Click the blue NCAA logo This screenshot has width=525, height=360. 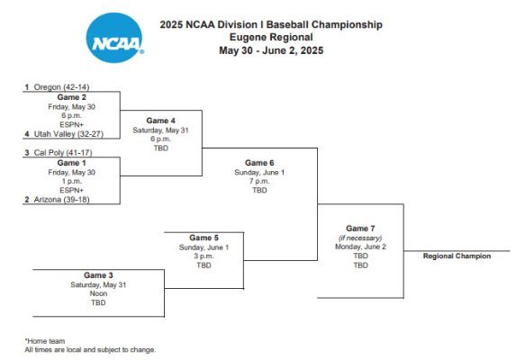(114, 38)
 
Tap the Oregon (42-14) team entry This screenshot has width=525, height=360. (57, 87)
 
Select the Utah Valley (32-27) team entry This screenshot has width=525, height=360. (64, 134)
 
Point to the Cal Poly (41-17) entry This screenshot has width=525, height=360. (59, 153)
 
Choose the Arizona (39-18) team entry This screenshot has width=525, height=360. (57, 200)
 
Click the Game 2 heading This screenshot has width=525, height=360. (72, 97)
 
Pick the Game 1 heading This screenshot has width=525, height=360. (72, 163)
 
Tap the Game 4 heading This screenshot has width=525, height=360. (160, 121)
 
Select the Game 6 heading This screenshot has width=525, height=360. (259, 163)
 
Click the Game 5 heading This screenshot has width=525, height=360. (204, 238)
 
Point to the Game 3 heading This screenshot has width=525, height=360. (98, 275)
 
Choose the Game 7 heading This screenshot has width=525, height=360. (360, 229)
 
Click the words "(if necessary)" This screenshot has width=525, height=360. (360, 238)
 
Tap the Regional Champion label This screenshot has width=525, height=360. (457, 256)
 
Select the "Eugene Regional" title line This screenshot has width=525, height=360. (271, 37)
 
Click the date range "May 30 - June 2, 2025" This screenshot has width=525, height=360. (271, 50)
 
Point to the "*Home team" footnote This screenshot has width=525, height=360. (45, 341)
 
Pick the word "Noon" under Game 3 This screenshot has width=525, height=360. (98, 293)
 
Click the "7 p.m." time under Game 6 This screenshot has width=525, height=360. (259, 181)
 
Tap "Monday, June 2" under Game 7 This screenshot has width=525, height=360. (360, 247)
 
